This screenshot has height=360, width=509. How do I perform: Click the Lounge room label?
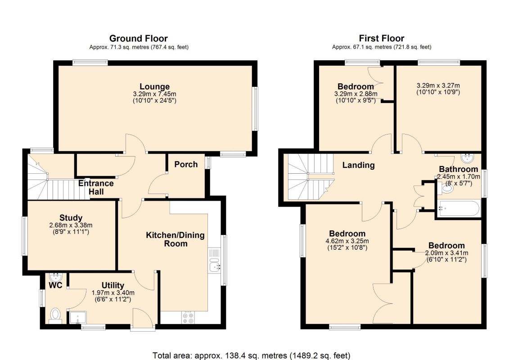[x=154, y=87]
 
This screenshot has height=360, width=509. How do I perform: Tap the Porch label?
[x=186, y=164]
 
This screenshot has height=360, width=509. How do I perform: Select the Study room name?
[x=71, y=218]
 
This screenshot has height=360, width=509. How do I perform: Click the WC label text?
[x=55, y=286]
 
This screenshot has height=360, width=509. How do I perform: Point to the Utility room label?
[x=113, y=285]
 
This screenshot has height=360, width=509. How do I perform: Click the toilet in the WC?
[x=55, y=315]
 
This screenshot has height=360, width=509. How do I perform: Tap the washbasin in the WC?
[x=55, y=277]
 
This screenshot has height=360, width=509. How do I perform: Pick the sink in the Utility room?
[x=78, y=318]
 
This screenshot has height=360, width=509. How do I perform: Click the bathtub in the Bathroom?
[x=458, y=209]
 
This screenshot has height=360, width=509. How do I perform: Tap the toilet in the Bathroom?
[x=446, y=188]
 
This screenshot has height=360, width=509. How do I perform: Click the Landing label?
[x=358, y=165]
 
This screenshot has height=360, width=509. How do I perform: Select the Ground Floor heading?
[x=139, y=38]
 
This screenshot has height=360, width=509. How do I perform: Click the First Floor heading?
[x=382, y=38]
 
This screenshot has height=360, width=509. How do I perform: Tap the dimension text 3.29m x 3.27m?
[x=438, y=85]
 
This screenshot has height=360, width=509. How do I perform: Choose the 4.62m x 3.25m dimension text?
[x=347, y=241]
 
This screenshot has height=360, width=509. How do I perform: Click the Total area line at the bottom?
[x=252, y=355]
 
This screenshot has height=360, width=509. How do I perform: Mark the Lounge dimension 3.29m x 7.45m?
[x=154, y=94]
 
